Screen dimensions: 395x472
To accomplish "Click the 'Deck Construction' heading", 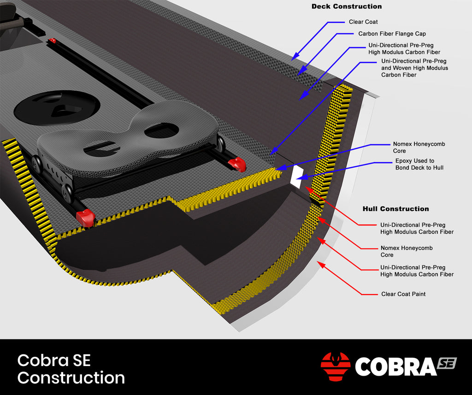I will click(347, 6).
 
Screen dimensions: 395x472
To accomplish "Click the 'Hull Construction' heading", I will click(395, 209).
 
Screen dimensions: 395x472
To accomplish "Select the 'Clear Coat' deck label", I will click(363, 22).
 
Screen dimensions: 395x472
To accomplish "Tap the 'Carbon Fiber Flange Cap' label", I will click(392, 34).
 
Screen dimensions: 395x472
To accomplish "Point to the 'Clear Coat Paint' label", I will click(403, 294).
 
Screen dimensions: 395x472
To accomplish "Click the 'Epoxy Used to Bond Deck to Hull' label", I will click(419, 165).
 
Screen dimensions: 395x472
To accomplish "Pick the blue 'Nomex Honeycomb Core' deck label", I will click(419, 147).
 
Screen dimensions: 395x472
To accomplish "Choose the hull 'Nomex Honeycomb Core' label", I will click(406, 251).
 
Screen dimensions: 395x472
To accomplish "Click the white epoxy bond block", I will click(296, 177).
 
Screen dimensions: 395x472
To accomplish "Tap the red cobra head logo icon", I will click(336, 366).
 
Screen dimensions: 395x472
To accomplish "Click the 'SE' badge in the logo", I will click(446, 363).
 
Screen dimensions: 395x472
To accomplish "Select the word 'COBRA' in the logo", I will click(395, 367).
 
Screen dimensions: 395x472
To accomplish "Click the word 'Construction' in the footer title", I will click(71, 378).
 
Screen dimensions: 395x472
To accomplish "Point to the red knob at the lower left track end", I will click(85, 217).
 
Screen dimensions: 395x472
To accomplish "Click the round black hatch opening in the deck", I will click(56, 107).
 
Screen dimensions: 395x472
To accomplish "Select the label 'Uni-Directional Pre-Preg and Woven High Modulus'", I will click(414, 68).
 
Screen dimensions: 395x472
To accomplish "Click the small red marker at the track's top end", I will click(53, 41).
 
